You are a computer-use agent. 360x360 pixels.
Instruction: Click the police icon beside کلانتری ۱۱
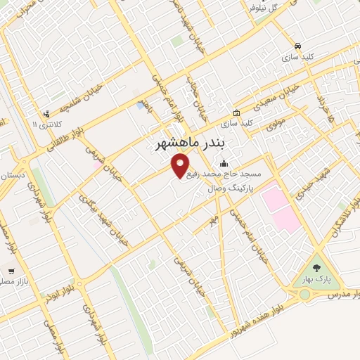(46, 113)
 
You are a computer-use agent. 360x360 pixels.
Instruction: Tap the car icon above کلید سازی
(298, 46)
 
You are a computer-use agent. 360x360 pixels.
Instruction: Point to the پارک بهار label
(315, 279)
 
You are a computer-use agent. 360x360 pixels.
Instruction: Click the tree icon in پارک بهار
(315, 268)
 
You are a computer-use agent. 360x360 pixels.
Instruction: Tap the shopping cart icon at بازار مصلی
(11, 270)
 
